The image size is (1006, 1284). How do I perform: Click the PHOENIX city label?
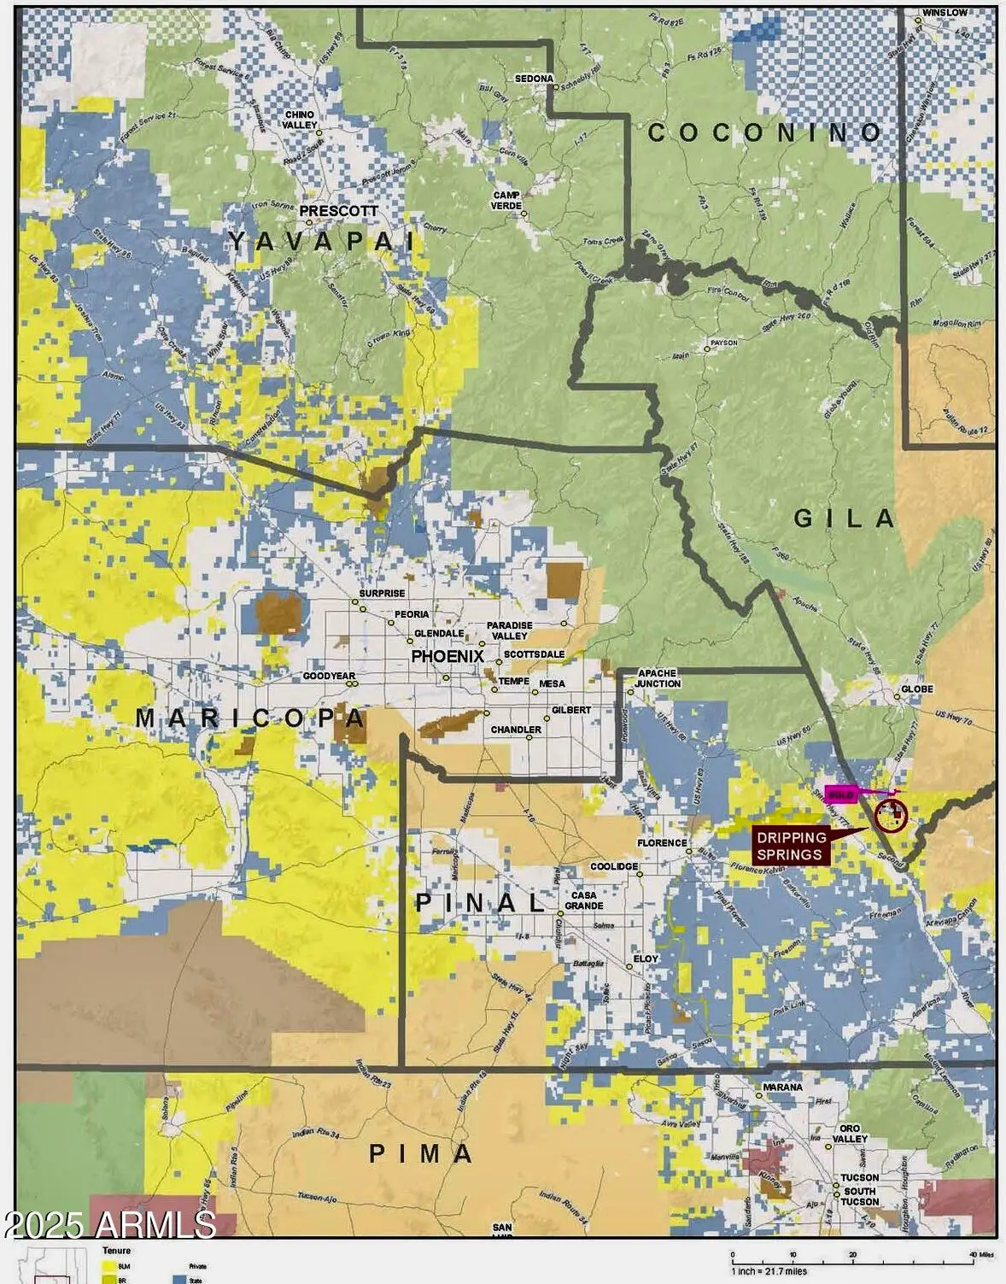[447, 656]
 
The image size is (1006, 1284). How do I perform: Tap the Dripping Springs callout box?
[791, 846]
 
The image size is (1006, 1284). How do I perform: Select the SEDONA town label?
[534, 79]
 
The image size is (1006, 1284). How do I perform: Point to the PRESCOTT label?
[338, 211]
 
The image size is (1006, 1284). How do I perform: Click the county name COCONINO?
[764, 132]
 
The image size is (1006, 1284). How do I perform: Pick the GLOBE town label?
[917, 689]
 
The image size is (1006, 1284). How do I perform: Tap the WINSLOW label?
[945, 13]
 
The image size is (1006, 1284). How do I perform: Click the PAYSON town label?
[722, 345]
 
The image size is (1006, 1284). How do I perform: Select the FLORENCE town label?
[662, 842]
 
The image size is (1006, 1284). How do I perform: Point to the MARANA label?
[782, 1087]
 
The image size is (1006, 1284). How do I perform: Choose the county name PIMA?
[420, 1154]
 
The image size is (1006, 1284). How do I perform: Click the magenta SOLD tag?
[842, 794]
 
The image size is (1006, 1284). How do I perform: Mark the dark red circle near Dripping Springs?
[891, 815]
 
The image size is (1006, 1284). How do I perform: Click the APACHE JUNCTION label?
[658, 678]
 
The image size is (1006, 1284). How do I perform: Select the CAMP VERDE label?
[506, 200]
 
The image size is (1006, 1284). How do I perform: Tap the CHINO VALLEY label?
[300, 120]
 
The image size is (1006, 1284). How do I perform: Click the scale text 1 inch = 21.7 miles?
[769, 1272]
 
